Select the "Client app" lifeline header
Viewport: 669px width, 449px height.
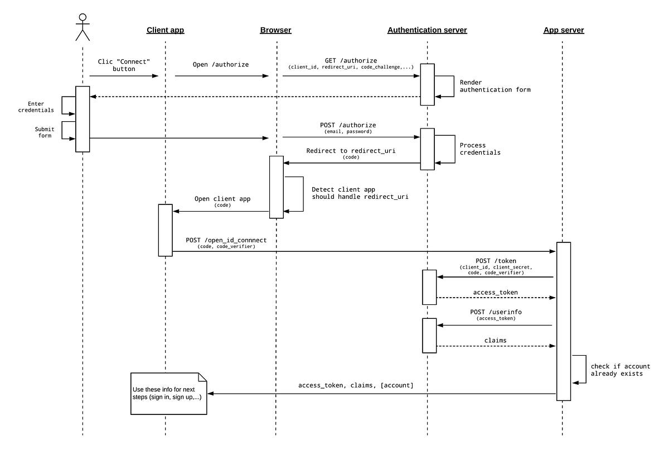coord(165,30)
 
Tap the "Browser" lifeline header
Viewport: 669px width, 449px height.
coord(275,30)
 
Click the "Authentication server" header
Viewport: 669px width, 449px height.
coord(427,30)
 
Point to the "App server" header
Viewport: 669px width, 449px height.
coord(564,30)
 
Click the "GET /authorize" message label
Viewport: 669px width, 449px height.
coord(351,60)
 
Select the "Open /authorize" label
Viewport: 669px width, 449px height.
coord(221,64)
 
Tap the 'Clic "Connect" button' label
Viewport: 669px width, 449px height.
coord(124,65)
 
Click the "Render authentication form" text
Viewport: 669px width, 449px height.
coord(495,86)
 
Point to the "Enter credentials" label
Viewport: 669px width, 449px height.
coord(40,107)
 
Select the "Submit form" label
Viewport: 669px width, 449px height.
coord(44,132)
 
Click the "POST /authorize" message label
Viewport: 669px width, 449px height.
coord(348,125)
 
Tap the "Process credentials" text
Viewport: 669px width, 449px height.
coord(480,149)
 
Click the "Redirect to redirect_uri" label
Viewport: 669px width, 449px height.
coord(351,151)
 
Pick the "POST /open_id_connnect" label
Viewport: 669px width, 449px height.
coord(226,240)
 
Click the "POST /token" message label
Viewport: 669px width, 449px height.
coord(495,261)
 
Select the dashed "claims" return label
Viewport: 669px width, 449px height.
coord(495,340)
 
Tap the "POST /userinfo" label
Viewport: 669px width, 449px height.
coord(495,312)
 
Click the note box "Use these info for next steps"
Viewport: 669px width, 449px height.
coord(168,394)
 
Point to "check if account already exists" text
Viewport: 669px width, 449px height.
coord(617,370)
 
